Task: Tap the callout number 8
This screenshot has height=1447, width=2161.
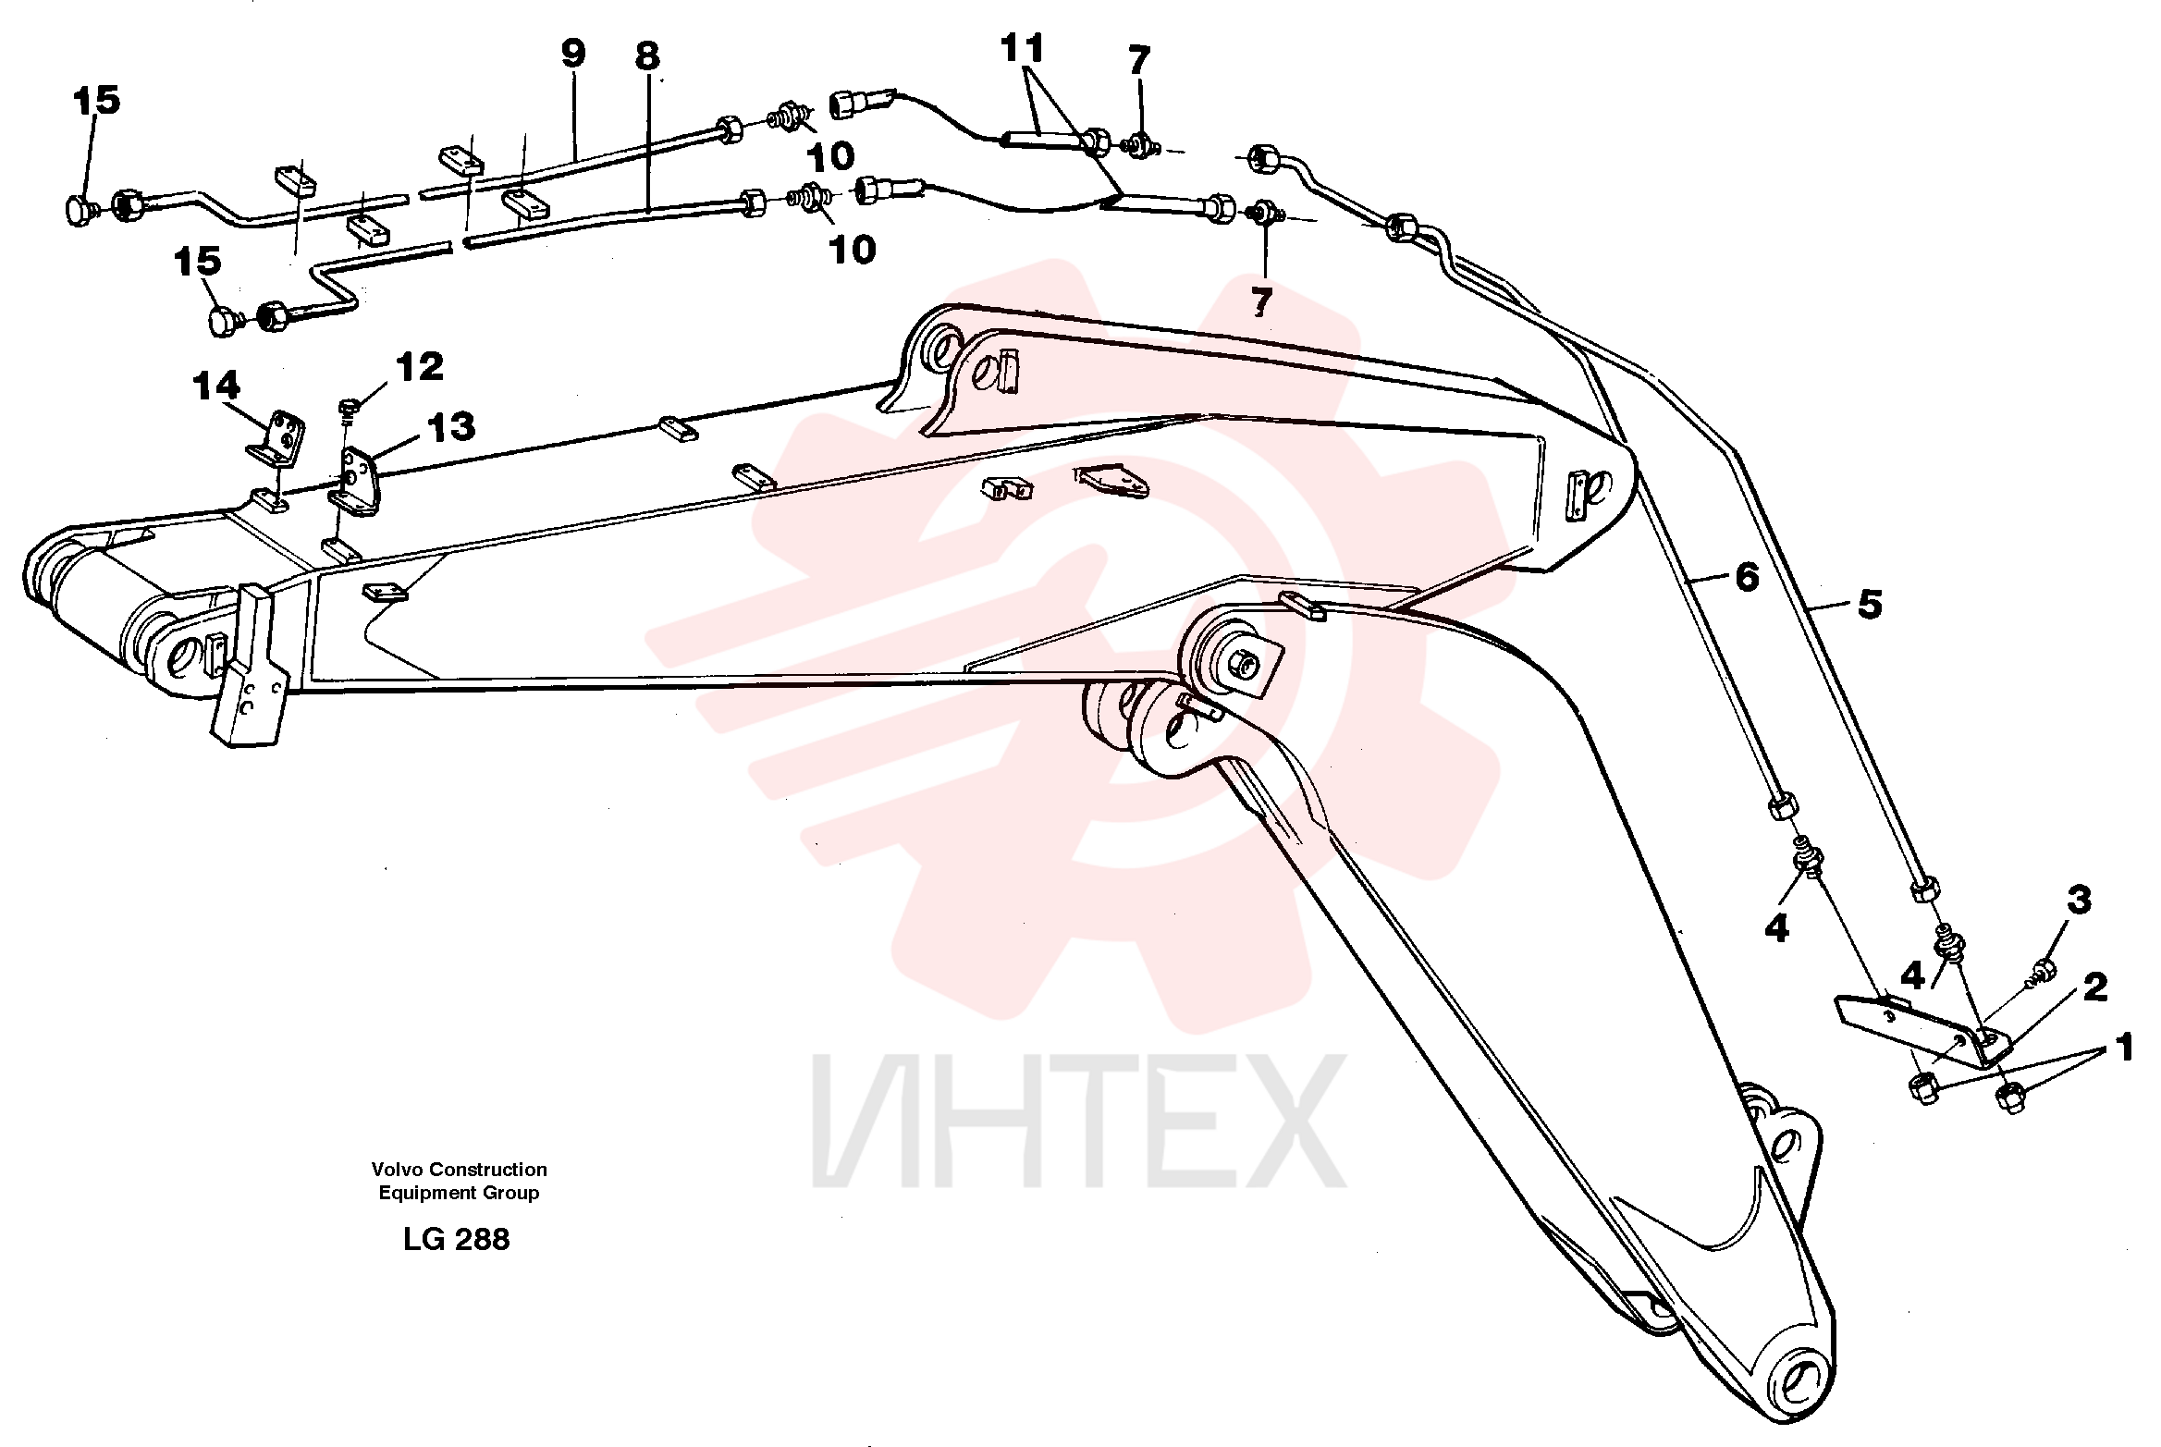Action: pos(647,55)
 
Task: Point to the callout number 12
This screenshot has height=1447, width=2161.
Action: pos(420,367)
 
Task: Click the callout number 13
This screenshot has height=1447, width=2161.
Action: pos(451,427)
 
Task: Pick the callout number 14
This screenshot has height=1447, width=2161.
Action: pos(216,386)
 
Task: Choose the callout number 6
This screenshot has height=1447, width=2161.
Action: pos(1747,577)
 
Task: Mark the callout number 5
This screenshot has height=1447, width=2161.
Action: pos(1870,605)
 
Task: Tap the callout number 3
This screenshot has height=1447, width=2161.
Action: pos(2080,900)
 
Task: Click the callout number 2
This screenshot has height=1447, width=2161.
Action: pos(2095,987)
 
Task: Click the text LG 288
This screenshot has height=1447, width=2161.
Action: pos(456,1239)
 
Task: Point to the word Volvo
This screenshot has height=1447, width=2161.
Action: pos(397,1170)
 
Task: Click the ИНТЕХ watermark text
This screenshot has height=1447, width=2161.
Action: pos(1079,1121)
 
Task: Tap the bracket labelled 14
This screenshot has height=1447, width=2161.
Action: pos(276,442)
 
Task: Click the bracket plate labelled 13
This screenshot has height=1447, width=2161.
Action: pos(355,479)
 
